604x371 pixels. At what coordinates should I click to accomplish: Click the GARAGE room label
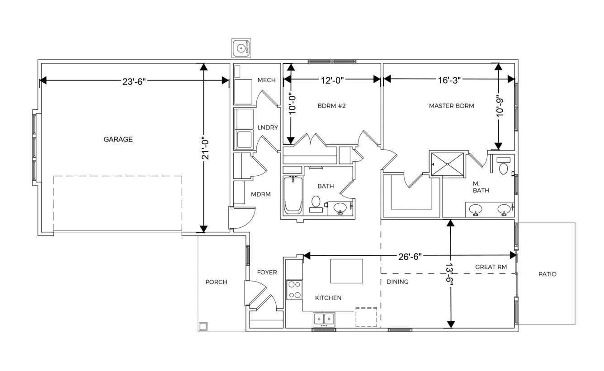pyautogui.click(x=118, y=139)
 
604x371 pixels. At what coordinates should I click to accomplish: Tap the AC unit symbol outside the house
pyautogui.click(x=241, y=48)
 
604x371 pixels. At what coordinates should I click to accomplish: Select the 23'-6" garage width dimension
pyautogui.click(x=134, y=81)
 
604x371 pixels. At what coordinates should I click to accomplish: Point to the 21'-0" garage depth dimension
pyautogui.click(x=205, y=149)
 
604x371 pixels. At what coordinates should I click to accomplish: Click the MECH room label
pyautogui.click(x=266, y=80)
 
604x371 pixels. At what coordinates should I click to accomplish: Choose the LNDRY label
pyautogui.click(x=268, y=127)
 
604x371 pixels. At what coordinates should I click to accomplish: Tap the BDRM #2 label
pyautogui.click(x=331, y=106)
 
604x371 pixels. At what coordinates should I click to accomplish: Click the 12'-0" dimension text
pyautogui.click(x=332, y=80)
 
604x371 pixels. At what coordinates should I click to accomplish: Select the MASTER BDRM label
pyautogui.click(x=451, y=106)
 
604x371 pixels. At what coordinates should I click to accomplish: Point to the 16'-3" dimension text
pyautogui.click(x=449, y=80)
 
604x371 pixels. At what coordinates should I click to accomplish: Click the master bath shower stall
pyautogui.click(x=447, y=164)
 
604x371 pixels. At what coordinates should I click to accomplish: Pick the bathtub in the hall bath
pyautogui.click(x=293, y=195)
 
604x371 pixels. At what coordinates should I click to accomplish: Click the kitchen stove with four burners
pyautogui.click(x=294, y=290)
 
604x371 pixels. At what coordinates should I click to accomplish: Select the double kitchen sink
pyautogui.click(x=324, y=320)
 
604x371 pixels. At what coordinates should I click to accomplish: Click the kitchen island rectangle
pyautogui.click(x=346, y=271)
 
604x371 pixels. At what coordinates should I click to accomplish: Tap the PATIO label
pyautogui.click(x=547, y=274)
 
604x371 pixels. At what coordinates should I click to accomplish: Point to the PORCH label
pyautogui.click(x=216, y=282)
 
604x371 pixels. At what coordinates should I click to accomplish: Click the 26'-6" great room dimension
pyautogui.click(x=410, y=257)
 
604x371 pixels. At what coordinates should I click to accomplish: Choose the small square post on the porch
pyautogui.click(x=203, y=327)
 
